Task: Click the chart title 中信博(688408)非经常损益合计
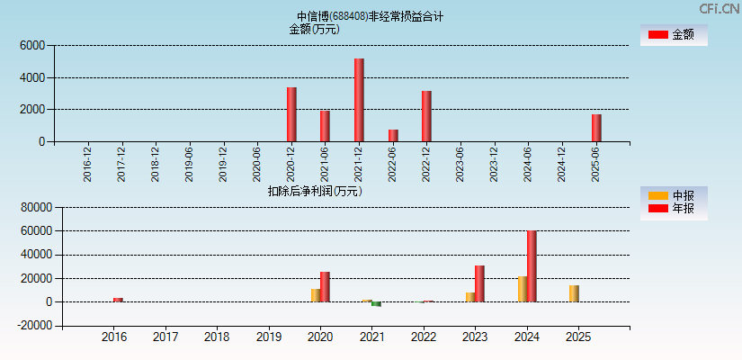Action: [x=370, y=16]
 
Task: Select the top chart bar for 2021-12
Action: [x=359, y=100]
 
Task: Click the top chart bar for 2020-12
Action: [x=291, y=114]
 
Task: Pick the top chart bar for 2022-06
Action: [x=393, y=136]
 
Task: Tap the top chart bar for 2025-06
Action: [x=596, y=128]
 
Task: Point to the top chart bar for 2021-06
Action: [x=325, y=126]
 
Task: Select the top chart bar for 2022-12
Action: [x=426, y=116]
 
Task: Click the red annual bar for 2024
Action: [x=532, y=266]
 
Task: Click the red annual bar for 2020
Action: [x=325, y=286]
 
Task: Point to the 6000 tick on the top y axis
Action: [x=31, y=46]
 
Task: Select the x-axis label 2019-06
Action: [x=189, y=164]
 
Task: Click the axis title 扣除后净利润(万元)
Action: [x=315, y=191]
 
